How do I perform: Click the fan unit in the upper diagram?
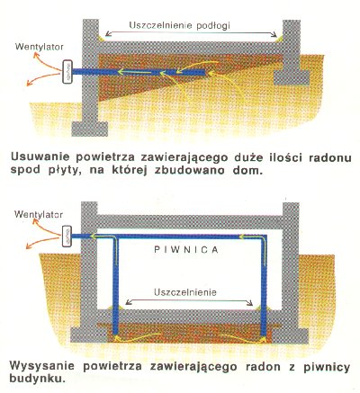(67, 72)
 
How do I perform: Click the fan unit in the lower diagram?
(67, 237)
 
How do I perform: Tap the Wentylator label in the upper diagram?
(40, 47)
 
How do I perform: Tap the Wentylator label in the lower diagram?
(39, 215)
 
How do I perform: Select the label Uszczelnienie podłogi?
(179, 25)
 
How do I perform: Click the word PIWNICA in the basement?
(186, 250)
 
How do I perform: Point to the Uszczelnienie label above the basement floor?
(185, 292)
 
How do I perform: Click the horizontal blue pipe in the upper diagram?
(139, 72)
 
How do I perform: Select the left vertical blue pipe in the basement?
(115, 285)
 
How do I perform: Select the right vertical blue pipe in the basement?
(264, 285)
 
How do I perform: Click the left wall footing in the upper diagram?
(90, 129)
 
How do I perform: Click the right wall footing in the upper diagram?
(292, 77)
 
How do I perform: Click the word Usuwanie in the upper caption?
(40, 157)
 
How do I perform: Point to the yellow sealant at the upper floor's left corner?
(101, 39)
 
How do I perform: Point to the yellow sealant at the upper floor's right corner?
(280, 39)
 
